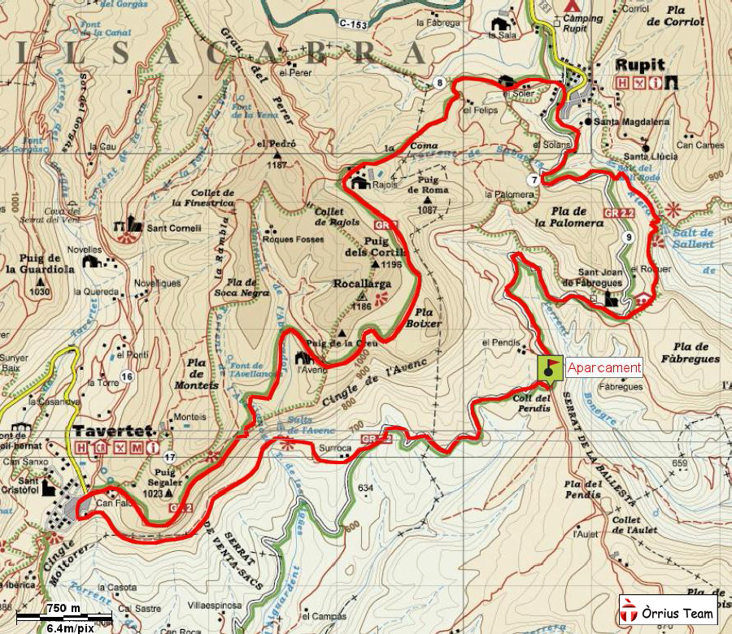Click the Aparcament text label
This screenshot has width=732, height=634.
(x=603, y=367)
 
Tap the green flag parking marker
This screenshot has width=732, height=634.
(x=551, y=367)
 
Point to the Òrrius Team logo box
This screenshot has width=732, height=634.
(x=668, y=610)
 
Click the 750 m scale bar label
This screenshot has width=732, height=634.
(x=63, y=609)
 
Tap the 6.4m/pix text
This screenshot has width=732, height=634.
(x=69, y=627)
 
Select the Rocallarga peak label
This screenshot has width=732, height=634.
(x=364, y=284)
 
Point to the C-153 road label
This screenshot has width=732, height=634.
(x=354, y=24)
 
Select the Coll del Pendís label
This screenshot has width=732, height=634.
(x=534, y=402)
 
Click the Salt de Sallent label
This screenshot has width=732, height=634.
(x=693, y=238)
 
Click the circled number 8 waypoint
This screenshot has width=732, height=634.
(x=440, y=83)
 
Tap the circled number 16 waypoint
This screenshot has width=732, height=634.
(x=126, y=376)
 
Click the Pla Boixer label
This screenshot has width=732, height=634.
(x=428, y=317)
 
